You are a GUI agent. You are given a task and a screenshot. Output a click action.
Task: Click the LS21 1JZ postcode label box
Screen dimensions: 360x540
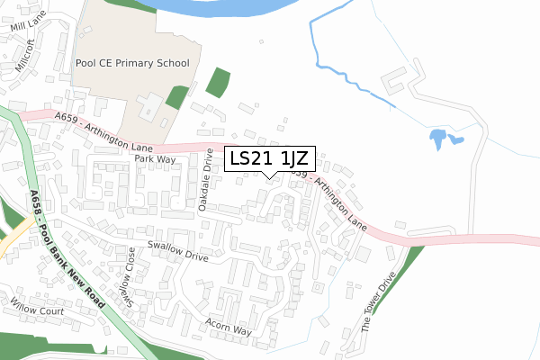click(x=269, y=159)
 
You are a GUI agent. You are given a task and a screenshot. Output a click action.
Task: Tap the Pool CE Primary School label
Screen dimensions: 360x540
click(x=132, y=64)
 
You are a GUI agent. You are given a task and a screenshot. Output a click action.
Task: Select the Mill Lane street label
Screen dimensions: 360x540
click(x=28, y=27)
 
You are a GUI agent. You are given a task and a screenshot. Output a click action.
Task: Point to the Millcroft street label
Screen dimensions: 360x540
click(x=23, y=55)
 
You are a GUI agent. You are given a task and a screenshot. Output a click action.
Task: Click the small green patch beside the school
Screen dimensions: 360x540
click(x=177, y=96)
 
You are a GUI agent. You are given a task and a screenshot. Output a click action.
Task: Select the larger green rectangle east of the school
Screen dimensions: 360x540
click(x=218, y=82)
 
